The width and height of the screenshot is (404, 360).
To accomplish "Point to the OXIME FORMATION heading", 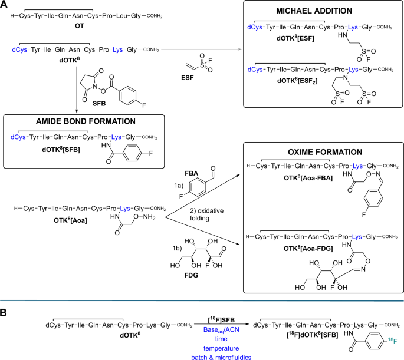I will point(319,151).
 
